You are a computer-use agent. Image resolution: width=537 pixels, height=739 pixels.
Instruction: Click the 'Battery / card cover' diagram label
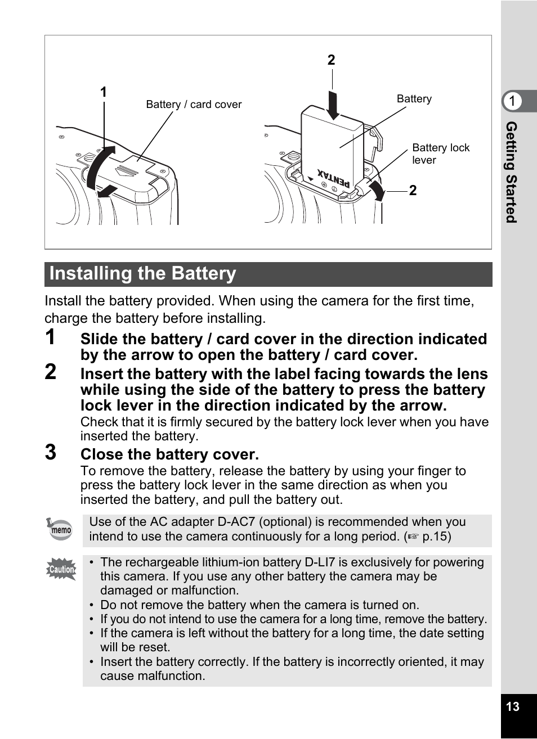[194, 105]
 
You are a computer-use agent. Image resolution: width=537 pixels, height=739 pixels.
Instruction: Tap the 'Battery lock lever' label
[440, 154]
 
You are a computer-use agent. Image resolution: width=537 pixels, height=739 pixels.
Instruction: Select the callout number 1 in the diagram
[104, 92]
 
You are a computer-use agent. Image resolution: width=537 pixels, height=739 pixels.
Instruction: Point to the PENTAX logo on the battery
[333, 178]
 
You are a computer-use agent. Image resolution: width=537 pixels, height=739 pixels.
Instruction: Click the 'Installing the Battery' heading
[143, 274]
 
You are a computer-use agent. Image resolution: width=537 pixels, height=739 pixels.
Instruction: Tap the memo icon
[60, 529]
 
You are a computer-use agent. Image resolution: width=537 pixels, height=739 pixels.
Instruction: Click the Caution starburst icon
[61, 569]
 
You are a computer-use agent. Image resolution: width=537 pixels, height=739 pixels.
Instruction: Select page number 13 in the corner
[513, 707]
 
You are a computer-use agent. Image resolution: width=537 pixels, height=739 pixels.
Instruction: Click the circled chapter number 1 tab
[512, 101]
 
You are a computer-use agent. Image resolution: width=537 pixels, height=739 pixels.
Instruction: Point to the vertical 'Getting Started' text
[511, 172]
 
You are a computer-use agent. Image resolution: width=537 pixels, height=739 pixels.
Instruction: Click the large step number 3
[51, 452]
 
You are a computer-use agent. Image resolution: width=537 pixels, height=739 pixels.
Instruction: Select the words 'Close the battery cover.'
[169, 454]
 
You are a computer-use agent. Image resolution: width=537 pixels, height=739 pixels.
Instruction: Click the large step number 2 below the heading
[51, 372]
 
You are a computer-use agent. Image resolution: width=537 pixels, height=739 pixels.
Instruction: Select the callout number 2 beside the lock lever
[413, 191]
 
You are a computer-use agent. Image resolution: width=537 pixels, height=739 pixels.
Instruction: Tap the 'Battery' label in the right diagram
[414, 99]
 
